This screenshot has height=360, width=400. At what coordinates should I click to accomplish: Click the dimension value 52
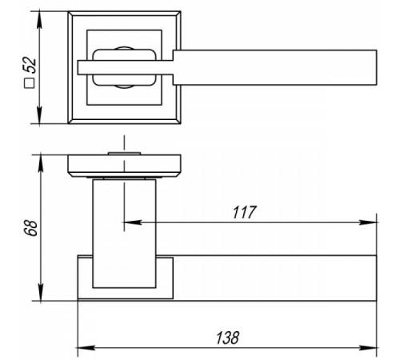[x=30, y=65]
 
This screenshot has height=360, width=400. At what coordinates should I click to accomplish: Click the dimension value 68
[x=30, y=227]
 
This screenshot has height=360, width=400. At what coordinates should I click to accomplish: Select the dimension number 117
[x=244, y=212]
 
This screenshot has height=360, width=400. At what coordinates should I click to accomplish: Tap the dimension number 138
[x=227, y=338]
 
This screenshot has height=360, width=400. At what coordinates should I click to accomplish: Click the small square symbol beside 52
[x=30, y=83]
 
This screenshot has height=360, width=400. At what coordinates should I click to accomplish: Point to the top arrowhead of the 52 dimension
[x=39, y=19]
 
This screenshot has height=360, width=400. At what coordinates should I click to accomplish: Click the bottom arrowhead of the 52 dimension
[x=39, y=115]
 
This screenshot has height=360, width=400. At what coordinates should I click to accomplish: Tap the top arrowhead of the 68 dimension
[x=41, y=163]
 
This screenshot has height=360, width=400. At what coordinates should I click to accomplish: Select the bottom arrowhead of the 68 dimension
[x=41, y=292]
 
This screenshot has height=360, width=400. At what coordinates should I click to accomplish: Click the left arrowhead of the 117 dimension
[x=132, y=222]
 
